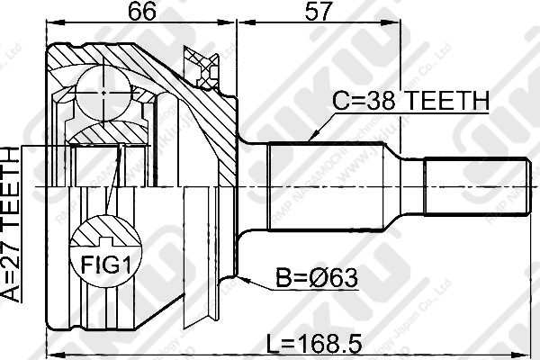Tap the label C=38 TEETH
[x=408, y=103]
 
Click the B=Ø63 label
[x=314, y=280]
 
